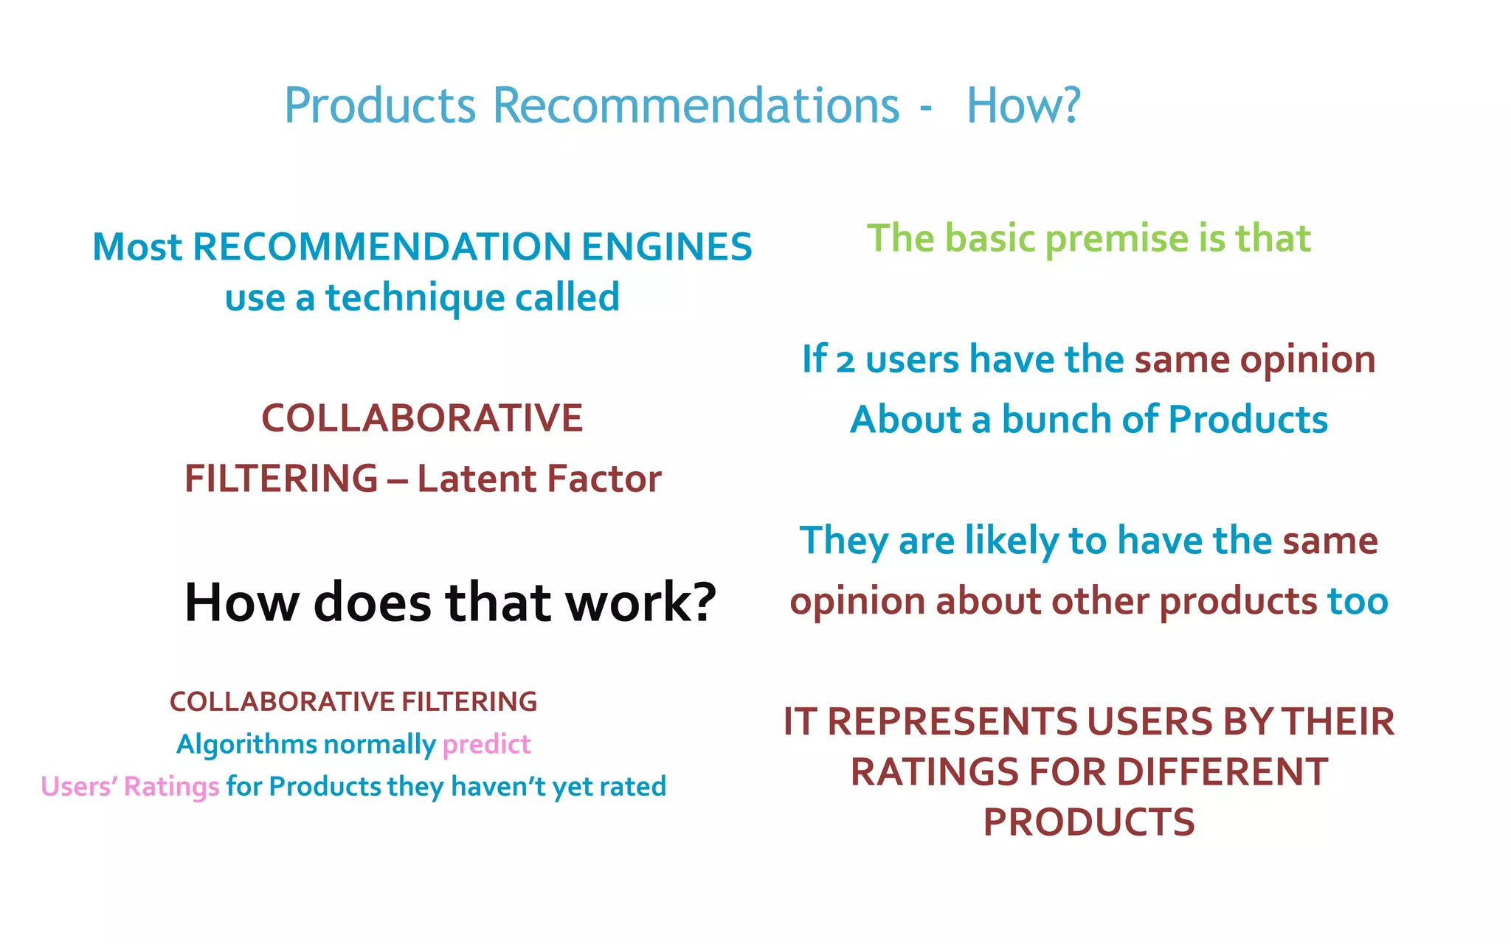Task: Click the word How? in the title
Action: point(1023,105)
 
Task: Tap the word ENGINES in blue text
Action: point(666,247)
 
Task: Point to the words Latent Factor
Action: point(539,479)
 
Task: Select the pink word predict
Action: point(486,744)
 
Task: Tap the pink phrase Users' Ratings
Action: point(130,786)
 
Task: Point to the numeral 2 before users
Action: point(845,361)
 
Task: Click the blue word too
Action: point(1358,601)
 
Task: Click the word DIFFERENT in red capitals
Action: point(1222,772)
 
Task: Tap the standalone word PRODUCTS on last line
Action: point(1088,822)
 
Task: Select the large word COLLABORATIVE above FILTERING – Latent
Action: point(422,418)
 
